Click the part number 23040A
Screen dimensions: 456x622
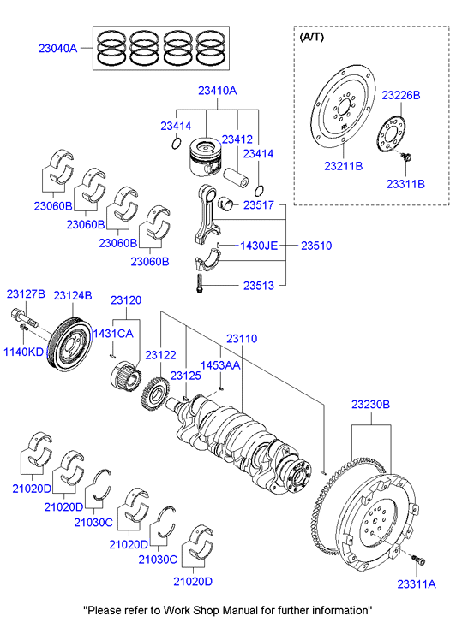(x=57, y=49)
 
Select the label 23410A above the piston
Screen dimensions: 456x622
(x=218, y=91)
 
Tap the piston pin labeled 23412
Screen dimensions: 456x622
(x=236, y=177)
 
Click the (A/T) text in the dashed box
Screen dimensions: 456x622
(x=312, y=37)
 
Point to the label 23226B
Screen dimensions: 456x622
(x=401, y=95)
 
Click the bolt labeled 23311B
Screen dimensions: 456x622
(x=406, y=157)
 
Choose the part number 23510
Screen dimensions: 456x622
(x=316, y=246)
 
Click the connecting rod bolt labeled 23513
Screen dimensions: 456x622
(x=199, y=283)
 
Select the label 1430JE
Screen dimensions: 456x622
(x=259, y=246)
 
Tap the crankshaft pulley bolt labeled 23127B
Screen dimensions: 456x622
(x=24, y=317)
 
